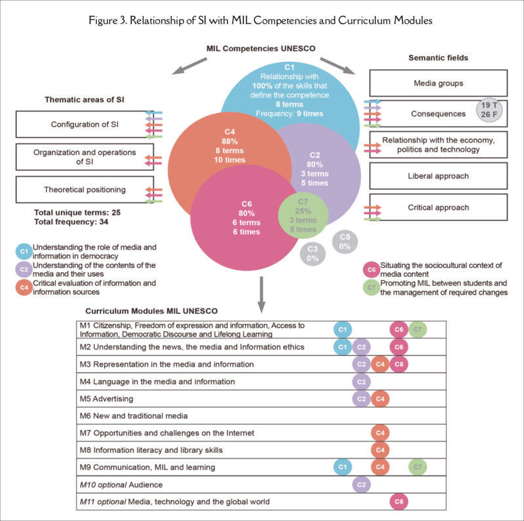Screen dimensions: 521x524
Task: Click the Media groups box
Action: pyautogui.click(x=438, y=83)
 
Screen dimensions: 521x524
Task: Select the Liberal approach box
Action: pyautogui.click(x=438, y=176)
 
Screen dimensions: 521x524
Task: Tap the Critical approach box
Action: pyautogui.click(x=438, y=207)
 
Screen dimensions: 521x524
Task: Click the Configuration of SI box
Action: pyautogui.click(x=79, y=124)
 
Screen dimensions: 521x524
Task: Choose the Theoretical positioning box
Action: pyautogui.click(x=79, y=190)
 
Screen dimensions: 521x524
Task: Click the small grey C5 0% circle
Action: pyautogui.click(x=345, y=241)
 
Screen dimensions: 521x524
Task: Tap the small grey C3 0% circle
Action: pyautogui.click(x=312, y=254)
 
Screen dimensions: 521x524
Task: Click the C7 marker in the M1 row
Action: pyautogui.click(x=417, y=329)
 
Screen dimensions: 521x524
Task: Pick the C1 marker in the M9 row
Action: pyautogui.click(x=341, y=467)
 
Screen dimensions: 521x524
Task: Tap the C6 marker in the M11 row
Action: pyautogui.click(x=399, y=501)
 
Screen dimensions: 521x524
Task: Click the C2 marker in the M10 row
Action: pyautogui.click(x=361, y=484)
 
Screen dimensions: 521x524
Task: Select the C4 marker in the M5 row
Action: pyautogui.click(x=379, y=399)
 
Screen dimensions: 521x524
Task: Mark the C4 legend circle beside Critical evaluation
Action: pyautogui.click(x=24, y=287)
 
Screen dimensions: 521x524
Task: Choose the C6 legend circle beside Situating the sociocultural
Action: pyautogui.click(x=371, y=269)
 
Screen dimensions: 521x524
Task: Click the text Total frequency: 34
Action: pyautogui.click(x=71, y=223)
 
